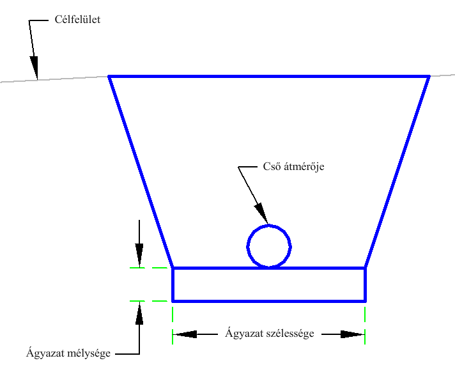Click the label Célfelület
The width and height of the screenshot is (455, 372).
pos(77,19)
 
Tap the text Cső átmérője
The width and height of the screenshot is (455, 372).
pos(293,167)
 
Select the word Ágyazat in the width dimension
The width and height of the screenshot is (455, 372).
pos(242,333)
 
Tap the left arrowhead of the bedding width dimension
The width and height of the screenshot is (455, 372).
pos(185,334)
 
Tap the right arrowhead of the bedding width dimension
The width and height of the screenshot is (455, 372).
pos(353,334)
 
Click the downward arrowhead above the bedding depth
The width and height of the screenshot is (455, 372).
pos(139,256)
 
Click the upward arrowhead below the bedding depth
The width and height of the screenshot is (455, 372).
pos(139,313)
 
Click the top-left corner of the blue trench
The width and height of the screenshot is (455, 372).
pos(109,76)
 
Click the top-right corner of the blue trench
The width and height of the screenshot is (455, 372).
pos(429,76)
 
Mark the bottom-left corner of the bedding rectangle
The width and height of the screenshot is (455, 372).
pos(173,302)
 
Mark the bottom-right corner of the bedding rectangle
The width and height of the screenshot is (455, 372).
pos(366,302)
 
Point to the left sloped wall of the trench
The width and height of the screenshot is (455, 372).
pos(141,172)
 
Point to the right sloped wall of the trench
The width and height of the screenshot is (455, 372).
pos(397,172)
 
